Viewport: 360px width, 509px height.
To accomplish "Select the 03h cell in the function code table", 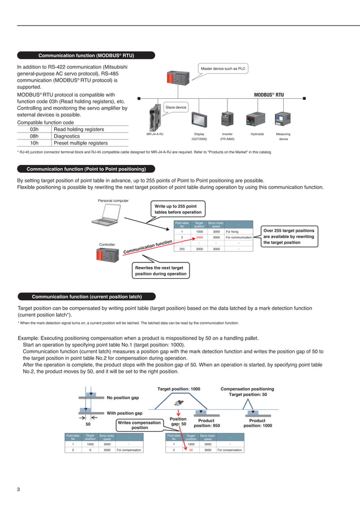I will coord(34,129).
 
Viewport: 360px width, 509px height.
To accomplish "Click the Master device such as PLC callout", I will coord(224,69).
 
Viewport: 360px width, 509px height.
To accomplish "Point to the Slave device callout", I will coord(175,107).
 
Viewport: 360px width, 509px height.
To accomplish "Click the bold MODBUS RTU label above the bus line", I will coord(269,95).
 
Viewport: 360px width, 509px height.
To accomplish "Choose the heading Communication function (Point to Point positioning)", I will coord(86,169).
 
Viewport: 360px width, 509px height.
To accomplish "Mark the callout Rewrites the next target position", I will coord(160,271).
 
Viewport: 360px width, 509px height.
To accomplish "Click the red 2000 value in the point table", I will coord(199,238).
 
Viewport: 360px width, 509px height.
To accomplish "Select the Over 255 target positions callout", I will coord(288,236).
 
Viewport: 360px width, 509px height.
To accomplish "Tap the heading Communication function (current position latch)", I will coord(86,296).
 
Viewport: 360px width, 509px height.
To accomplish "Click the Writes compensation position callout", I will coord(139,425).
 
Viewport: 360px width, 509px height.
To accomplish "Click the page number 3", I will coord(18,489).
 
